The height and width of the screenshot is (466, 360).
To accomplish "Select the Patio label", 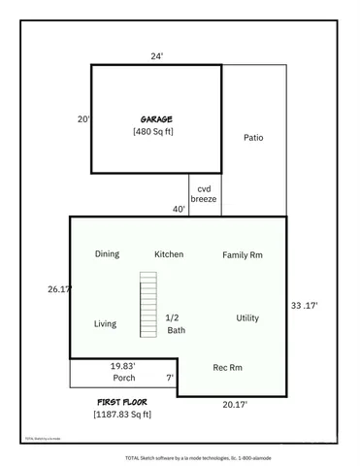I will coord(253,137).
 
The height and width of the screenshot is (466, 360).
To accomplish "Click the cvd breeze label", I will coord(204,193).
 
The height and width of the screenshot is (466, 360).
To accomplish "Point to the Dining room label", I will coord(107,254).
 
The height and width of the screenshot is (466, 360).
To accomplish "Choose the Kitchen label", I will coord(169,254).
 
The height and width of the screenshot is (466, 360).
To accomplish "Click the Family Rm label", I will coord(243,255).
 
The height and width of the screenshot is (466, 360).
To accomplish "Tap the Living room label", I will coord(105,324).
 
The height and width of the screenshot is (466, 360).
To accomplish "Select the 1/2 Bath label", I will coord(175,324).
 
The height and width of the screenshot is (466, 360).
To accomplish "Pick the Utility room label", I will coord(247,318).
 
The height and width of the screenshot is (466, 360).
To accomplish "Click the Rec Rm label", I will coord(227,367).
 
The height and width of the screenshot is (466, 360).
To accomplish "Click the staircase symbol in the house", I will coord(147,304).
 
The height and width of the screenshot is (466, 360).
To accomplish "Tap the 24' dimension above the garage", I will coord(155,55).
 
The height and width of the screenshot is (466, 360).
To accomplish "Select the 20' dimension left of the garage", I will coord(84,119).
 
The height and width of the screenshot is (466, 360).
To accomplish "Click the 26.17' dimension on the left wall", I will coord(58,289).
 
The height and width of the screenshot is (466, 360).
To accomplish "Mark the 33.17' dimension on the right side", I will coord(304,306).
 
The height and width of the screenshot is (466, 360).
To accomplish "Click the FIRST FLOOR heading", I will coord(122,401).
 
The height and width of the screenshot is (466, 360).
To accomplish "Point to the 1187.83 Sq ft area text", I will coord(122,415).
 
